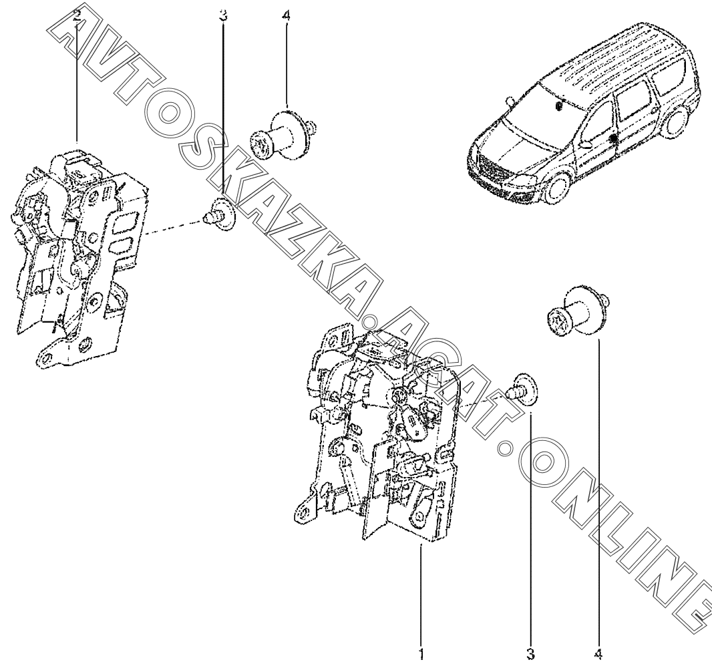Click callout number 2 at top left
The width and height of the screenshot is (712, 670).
click(x=77, y=17)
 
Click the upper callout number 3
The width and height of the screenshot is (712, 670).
click(x=223, y=17)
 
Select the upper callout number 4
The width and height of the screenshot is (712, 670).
click(x=286, y=17)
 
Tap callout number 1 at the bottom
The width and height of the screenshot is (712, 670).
click(x=421, y=655)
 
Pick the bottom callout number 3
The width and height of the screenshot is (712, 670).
click(x=530, y=655)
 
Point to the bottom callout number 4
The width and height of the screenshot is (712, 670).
click(x=598, y=655)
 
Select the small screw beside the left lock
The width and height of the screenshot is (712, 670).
click(x=220, y=214)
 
